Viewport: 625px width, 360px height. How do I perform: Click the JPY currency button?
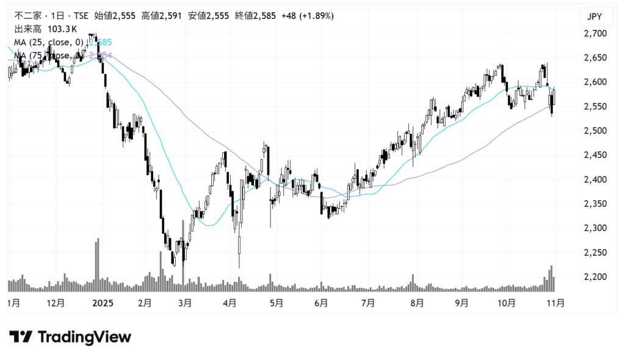pos(594,16)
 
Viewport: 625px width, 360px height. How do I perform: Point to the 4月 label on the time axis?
pos(230,303)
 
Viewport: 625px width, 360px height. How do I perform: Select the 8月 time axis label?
pos(417,303)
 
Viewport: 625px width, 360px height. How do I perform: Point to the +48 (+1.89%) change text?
pos(308,16)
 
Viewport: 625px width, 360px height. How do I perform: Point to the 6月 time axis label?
pos(321,303)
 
